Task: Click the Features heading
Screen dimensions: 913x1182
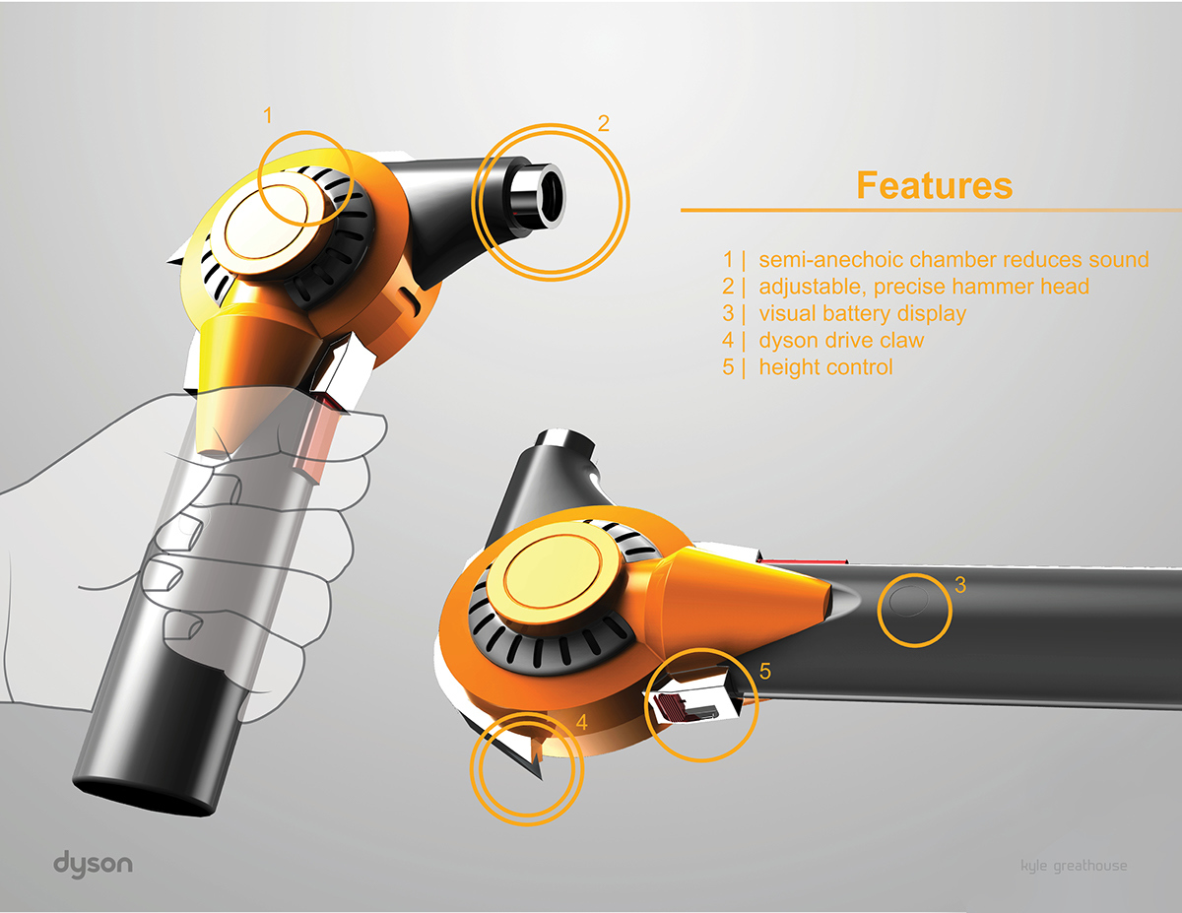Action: pyautogui.click(x=934, y=185)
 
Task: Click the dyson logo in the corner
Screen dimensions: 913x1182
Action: pyautogui.click(x=93, y=864)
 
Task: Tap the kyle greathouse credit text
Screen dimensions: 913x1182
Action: pyautogui.click(x=1075, y=866)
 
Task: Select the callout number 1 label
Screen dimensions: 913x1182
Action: pyautogui.click(x=267, y=116)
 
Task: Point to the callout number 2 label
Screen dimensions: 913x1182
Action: pyautogui.click(x=604, y=123)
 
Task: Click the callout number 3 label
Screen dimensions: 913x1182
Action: pyautogui.click(x=960, y=584)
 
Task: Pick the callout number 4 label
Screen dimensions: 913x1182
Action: pyautogui.click(x=581, y=722)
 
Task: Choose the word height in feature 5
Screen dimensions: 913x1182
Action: pyautogui.click(x=787, y=367)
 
